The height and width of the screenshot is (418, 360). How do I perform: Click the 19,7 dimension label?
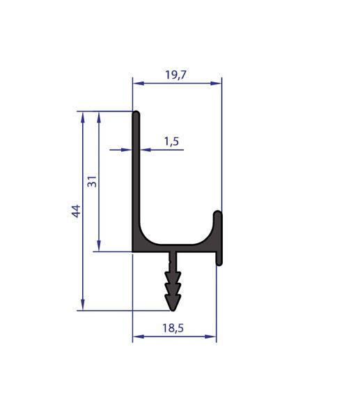[175, 75]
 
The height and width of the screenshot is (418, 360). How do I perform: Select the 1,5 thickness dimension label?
[171, 141]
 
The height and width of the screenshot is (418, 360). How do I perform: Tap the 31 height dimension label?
[92, 181]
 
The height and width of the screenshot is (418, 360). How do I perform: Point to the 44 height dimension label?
[76, 211]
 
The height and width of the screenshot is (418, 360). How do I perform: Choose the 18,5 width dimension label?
[173, 328]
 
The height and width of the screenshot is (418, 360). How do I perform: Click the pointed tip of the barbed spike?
[173, 311]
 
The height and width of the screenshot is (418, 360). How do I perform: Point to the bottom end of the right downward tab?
[219, 265]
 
